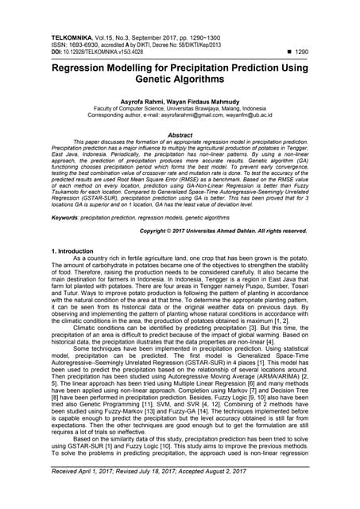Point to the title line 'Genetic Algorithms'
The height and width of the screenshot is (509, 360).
[180, 82]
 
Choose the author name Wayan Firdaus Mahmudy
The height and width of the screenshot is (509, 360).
[208, 101]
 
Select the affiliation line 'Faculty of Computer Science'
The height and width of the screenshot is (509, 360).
[179, 108]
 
